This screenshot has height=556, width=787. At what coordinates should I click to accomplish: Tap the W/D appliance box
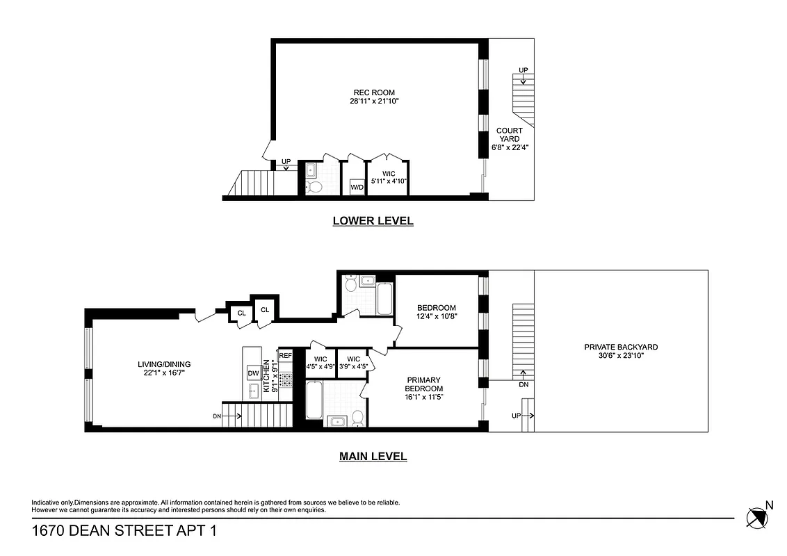357,187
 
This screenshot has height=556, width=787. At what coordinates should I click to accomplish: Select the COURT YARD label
509,135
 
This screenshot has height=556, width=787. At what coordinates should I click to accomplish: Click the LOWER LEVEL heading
373,221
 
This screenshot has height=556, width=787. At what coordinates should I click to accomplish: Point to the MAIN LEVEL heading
373,457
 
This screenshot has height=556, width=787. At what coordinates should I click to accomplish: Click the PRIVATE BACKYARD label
621,347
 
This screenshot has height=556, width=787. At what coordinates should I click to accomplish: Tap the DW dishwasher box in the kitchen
253,374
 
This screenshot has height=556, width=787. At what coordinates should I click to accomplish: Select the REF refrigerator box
285,355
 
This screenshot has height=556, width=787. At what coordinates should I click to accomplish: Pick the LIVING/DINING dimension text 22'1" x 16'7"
163,373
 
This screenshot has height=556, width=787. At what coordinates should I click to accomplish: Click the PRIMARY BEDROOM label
423,384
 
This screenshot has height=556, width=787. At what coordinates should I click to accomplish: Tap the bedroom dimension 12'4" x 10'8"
436,316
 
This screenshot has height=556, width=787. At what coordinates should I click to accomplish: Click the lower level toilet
314,187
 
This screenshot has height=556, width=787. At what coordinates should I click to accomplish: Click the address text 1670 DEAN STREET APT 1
124,531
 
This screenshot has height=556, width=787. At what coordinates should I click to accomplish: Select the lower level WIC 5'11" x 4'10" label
388,178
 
